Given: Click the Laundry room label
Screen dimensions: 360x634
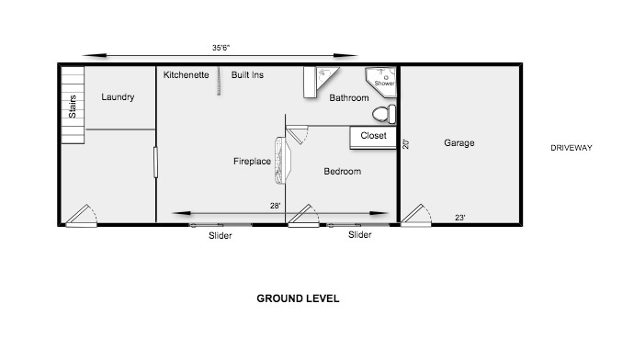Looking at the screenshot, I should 118,96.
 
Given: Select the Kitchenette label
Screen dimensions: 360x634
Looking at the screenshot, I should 187,74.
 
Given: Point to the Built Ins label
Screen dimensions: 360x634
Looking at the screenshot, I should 247,74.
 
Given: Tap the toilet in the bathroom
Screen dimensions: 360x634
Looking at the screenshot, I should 385,114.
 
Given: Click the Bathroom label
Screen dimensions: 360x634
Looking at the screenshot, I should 349,97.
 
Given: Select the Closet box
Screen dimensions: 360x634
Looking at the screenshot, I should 373,136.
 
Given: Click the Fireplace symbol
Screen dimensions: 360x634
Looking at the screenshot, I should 282,158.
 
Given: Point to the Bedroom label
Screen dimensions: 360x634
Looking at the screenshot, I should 342,172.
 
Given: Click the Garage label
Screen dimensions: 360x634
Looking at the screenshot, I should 459,143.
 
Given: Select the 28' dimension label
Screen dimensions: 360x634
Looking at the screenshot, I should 276,206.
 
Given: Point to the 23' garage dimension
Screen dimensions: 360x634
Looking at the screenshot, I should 459,218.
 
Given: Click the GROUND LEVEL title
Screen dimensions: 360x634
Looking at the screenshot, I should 299,298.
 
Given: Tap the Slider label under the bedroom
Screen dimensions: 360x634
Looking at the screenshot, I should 360,235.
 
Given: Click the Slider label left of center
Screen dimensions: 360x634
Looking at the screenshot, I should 220,236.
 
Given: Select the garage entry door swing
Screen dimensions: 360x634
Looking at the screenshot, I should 418,214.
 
